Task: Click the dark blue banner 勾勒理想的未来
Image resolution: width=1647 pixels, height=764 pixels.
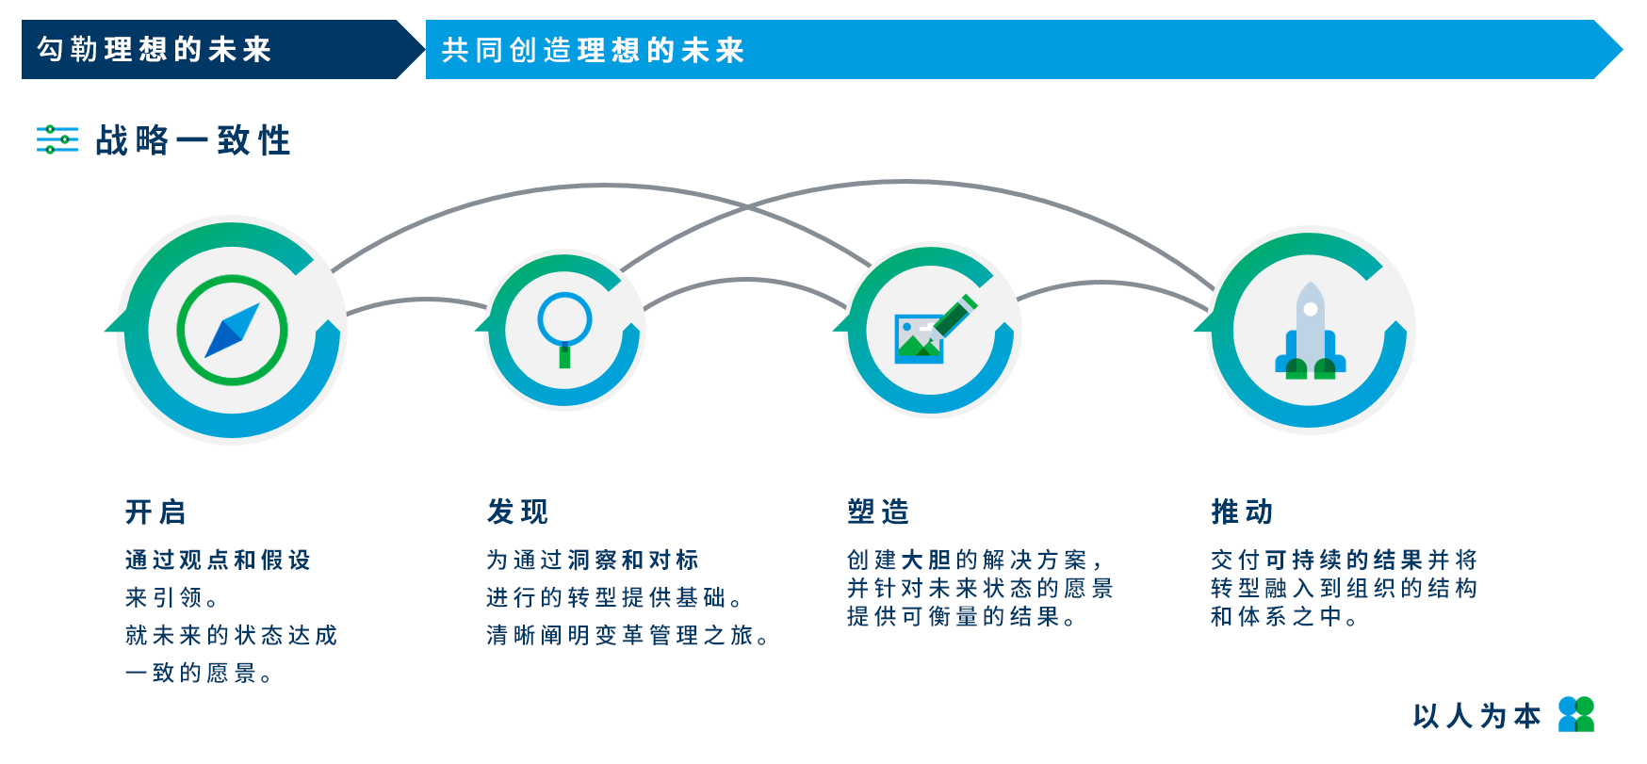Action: (222, 49)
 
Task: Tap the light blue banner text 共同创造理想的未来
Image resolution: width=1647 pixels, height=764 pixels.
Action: (593, 50)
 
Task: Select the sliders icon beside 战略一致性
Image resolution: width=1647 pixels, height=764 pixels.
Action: (57, 139)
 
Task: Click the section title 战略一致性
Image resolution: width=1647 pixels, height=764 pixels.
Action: (193, 140)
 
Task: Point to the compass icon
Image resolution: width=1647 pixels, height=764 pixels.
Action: (232, 330)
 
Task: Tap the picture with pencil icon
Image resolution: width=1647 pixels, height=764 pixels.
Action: (934, 329)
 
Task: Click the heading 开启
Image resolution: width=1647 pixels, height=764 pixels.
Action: (155, 512)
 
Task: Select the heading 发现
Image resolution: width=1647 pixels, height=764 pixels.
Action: (517, 512)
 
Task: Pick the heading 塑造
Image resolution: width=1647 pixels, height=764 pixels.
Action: (878, 512)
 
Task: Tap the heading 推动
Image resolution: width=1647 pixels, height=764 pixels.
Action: (1242, 512)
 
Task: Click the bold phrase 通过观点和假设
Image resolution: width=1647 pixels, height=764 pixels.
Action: (218, 560)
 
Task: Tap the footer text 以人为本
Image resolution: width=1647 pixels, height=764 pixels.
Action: (1476, 716)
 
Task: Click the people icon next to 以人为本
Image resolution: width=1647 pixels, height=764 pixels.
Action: (1576, 714)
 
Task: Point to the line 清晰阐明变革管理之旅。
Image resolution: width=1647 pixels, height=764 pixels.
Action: (628, 636)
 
